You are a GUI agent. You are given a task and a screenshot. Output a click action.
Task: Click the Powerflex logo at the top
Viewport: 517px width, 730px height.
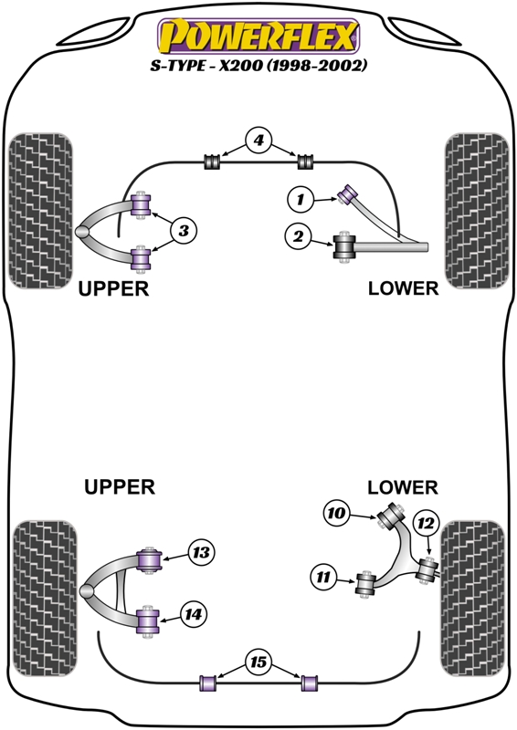pyautogui.click(x=258, y=36)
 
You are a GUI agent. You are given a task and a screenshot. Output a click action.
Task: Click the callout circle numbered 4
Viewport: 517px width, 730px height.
pyautogui.click(x=258, y=141)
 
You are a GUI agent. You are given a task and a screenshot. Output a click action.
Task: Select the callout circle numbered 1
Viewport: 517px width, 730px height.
pyautogui.click(x=300, y=196)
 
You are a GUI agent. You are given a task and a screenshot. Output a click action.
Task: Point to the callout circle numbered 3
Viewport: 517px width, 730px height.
pyautogui.click(x=183, y=232)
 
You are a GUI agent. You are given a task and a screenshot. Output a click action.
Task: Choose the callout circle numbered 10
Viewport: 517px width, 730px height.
pyautogui.click(x=336, y=515)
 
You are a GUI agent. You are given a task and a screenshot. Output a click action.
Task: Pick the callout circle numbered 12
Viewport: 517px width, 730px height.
pyautogui.click(x=426, y=523)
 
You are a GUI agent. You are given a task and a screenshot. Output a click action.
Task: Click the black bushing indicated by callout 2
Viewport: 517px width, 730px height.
pyautogui.click(x=345, y=245)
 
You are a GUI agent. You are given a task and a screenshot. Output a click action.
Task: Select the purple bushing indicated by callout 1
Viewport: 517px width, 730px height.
pyautogui.click(x=348, y=193)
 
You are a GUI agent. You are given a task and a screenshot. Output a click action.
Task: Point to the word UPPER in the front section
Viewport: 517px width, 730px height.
pyautogui.click(x=113, y=288)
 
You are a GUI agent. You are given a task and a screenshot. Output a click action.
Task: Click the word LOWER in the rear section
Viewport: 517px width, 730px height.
pyautogui.click(x=403, y=488)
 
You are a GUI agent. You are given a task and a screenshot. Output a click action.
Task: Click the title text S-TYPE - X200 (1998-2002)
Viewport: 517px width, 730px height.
pyautogui.click(x=258, y=67)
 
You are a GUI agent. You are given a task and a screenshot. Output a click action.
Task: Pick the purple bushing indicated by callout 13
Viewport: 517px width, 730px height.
pyautogui.click(x=150, y=556)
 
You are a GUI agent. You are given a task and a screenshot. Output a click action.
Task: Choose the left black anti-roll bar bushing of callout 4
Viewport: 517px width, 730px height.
pyautogui.click(x=212, y=162)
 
